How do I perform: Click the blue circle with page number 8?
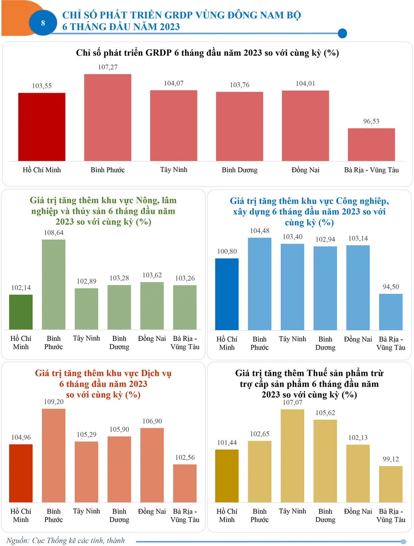(43, 23)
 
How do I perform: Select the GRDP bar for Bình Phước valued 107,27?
(108, 118)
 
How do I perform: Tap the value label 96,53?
(371, 121)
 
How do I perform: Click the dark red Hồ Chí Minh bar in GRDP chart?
(42, 127)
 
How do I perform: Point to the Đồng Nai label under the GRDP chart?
(305, 170)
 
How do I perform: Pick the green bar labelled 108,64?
(53, 284)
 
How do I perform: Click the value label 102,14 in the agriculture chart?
(21, 288)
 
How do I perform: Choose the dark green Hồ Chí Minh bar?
(21, 312)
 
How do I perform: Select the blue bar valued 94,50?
(390, 312)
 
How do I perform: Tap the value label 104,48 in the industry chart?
(260, 231)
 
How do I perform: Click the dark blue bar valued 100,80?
(227, 294)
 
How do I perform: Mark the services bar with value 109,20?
(53, 455)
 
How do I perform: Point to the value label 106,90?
(152, 421)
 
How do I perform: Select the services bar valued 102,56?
(185, 483)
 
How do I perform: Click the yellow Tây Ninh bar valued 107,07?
(292, 456)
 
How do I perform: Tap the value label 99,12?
(390, 459)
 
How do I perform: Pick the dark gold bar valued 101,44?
(227, 476)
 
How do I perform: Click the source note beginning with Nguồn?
(65, 540)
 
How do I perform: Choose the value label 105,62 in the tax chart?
(325, 413)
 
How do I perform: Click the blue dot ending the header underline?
(342, 34)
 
